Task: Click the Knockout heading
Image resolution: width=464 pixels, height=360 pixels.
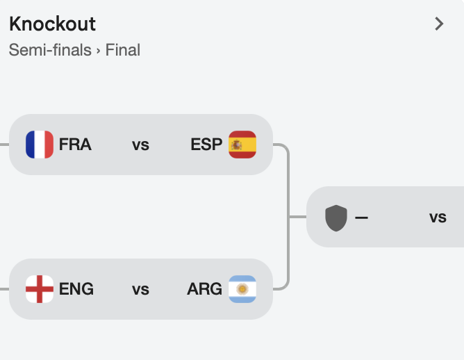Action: pos(52,24)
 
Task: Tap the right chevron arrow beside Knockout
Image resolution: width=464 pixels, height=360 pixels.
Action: pos(439,24)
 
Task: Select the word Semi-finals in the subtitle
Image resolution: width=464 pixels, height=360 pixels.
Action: pos(50,50)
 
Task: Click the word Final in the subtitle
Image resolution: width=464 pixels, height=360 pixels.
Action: pos(123,50)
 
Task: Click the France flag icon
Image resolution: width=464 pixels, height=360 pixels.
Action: pos(40,145)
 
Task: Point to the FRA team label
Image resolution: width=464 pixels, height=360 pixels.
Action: pos(75,145)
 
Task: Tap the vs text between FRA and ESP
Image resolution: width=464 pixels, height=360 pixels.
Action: pos(140,145)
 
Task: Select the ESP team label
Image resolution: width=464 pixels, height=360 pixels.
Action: pos(206,145)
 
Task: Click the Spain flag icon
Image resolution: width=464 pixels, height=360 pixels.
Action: pos(242,145)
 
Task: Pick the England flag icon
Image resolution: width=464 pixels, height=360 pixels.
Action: pos(40,289)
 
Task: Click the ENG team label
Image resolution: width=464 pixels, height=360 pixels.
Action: pos(76,289)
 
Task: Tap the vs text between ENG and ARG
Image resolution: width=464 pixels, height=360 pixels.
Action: pos(140,290)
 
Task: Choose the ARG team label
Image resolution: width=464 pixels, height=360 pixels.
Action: pos(204,289)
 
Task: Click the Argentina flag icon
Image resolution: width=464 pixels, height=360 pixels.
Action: pos(242,289)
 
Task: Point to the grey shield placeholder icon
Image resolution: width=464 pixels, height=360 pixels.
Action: pos(336,218)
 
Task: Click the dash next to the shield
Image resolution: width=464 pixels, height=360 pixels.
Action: pos(361,218)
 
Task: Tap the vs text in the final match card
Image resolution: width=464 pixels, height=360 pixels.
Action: pos(438,218)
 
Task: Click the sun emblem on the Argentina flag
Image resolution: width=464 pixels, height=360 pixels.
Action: pos(242,289)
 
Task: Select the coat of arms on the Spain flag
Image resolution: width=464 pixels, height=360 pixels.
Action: pos(236,145)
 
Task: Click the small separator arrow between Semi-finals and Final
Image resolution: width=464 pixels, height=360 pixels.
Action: pos(98,51)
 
